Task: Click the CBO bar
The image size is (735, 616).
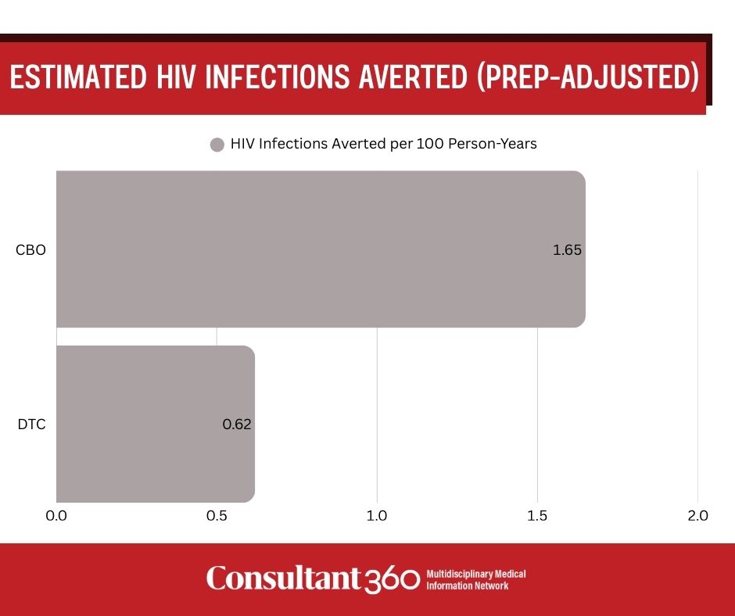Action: coord(321,249)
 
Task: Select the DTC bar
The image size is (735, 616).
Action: coord(156,424)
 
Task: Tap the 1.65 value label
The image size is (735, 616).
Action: coord(567,251)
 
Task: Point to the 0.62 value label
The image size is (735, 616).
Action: coord(236,424)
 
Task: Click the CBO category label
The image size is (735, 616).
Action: coord(30,251)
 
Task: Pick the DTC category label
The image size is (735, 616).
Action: coord(30,424)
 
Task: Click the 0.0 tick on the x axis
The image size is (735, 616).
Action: coord(56,516)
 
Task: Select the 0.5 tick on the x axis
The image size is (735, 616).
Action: coord(217,516)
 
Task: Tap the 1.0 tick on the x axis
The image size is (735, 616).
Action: coord(377,516)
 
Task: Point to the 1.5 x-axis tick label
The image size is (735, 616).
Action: coord(537,516)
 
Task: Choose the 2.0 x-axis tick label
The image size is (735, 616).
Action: coord(697,516)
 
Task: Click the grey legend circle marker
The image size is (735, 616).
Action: coord(217,145)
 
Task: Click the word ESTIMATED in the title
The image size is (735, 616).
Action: coord(76,78)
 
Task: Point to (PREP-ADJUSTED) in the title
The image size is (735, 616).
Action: coord(586,78)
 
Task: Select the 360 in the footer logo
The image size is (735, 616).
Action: coord(393,579)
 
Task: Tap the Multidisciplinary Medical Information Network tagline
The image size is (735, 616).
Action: coord(475,579)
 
